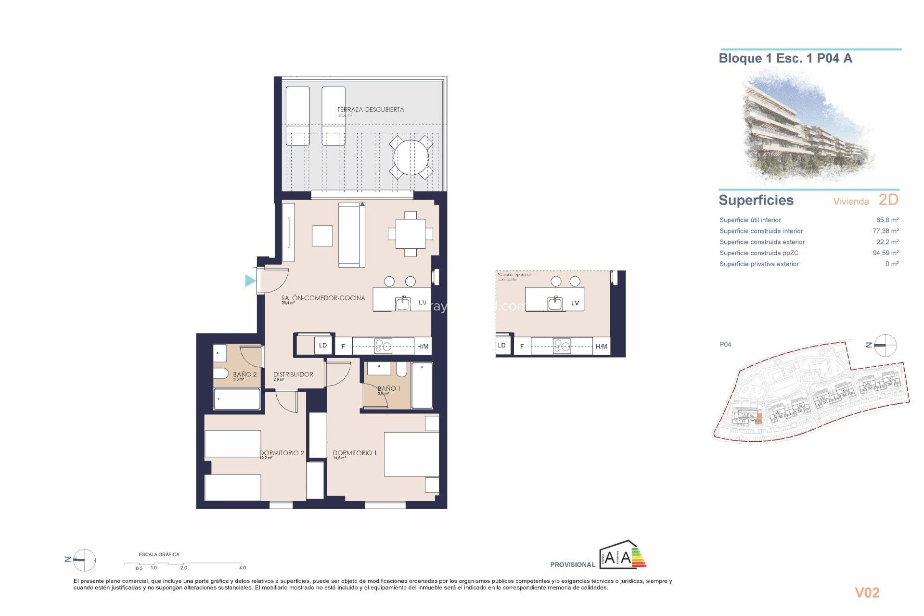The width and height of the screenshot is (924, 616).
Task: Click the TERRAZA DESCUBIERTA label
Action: (370, 110)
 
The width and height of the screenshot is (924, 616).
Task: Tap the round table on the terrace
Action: (411, 157)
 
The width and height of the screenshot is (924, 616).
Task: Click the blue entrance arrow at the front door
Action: (250, 281)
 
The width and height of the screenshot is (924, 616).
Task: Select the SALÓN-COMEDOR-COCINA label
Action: (323, 298)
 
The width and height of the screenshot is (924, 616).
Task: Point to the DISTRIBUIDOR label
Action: (293, 374)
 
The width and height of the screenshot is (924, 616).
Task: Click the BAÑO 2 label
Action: (244, 374)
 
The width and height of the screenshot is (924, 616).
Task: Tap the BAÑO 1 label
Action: (388, 388)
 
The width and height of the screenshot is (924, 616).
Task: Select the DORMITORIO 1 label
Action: (354, 452)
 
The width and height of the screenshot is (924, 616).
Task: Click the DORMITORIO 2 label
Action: (282, 452)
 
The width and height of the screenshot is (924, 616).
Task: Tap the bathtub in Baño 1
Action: (422, 385)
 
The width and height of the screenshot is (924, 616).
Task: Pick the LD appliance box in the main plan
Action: (323, 345)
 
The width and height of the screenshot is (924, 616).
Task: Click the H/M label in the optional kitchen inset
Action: (601, 346)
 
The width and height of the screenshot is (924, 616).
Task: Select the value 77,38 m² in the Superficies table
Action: (885, 231)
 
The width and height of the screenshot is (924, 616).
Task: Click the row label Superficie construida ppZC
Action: (758, 253)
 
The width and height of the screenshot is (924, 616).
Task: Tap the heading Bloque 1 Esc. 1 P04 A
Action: (785, 58)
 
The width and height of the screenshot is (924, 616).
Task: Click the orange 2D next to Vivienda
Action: (888, 199)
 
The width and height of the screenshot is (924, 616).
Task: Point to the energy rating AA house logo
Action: (622, 556)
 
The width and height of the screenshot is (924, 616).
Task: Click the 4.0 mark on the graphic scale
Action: (242, 567)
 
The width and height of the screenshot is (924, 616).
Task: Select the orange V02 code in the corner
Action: (867, 592)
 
